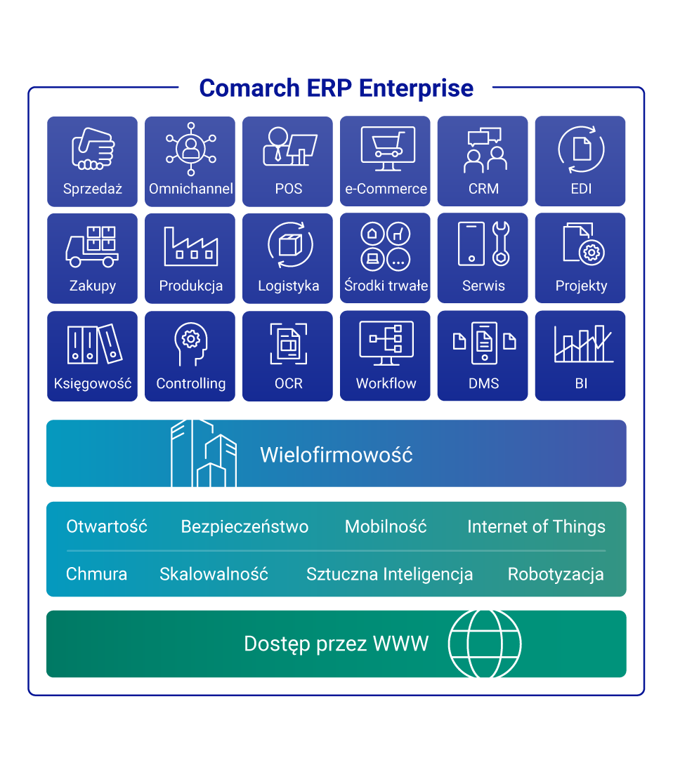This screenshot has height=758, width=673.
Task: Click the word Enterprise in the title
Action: [416, 88]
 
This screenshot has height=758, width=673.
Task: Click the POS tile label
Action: [288, 189]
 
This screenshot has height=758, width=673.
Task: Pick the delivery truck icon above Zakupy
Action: [92, 246]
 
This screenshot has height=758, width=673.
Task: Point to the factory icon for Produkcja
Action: [190, 246]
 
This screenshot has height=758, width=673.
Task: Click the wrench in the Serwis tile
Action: [500, 243]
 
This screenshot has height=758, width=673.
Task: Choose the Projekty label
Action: [581, 286]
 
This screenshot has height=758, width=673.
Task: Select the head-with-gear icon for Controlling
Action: [190, 343]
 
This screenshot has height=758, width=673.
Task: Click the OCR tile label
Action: [288, 383]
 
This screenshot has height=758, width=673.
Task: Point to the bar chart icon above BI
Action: [582, 343]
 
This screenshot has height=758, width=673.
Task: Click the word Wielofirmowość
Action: [336, 455]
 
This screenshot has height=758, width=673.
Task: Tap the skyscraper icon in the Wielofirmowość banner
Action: [204, 454]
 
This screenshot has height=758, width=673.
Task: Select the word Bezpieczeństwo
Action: [244, 527]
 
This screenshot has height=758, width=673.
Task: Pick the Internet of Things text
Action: [536, 527]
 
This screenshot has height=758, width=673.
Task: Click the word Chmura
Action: [96, 574]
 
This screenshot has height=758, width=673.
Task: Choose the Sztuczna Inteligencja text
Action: [389, 574]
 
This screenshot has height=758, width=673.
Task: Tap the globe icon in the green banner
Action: [485, 643]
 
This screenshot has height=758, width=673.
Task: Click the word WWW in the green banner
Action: [400, 644]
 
